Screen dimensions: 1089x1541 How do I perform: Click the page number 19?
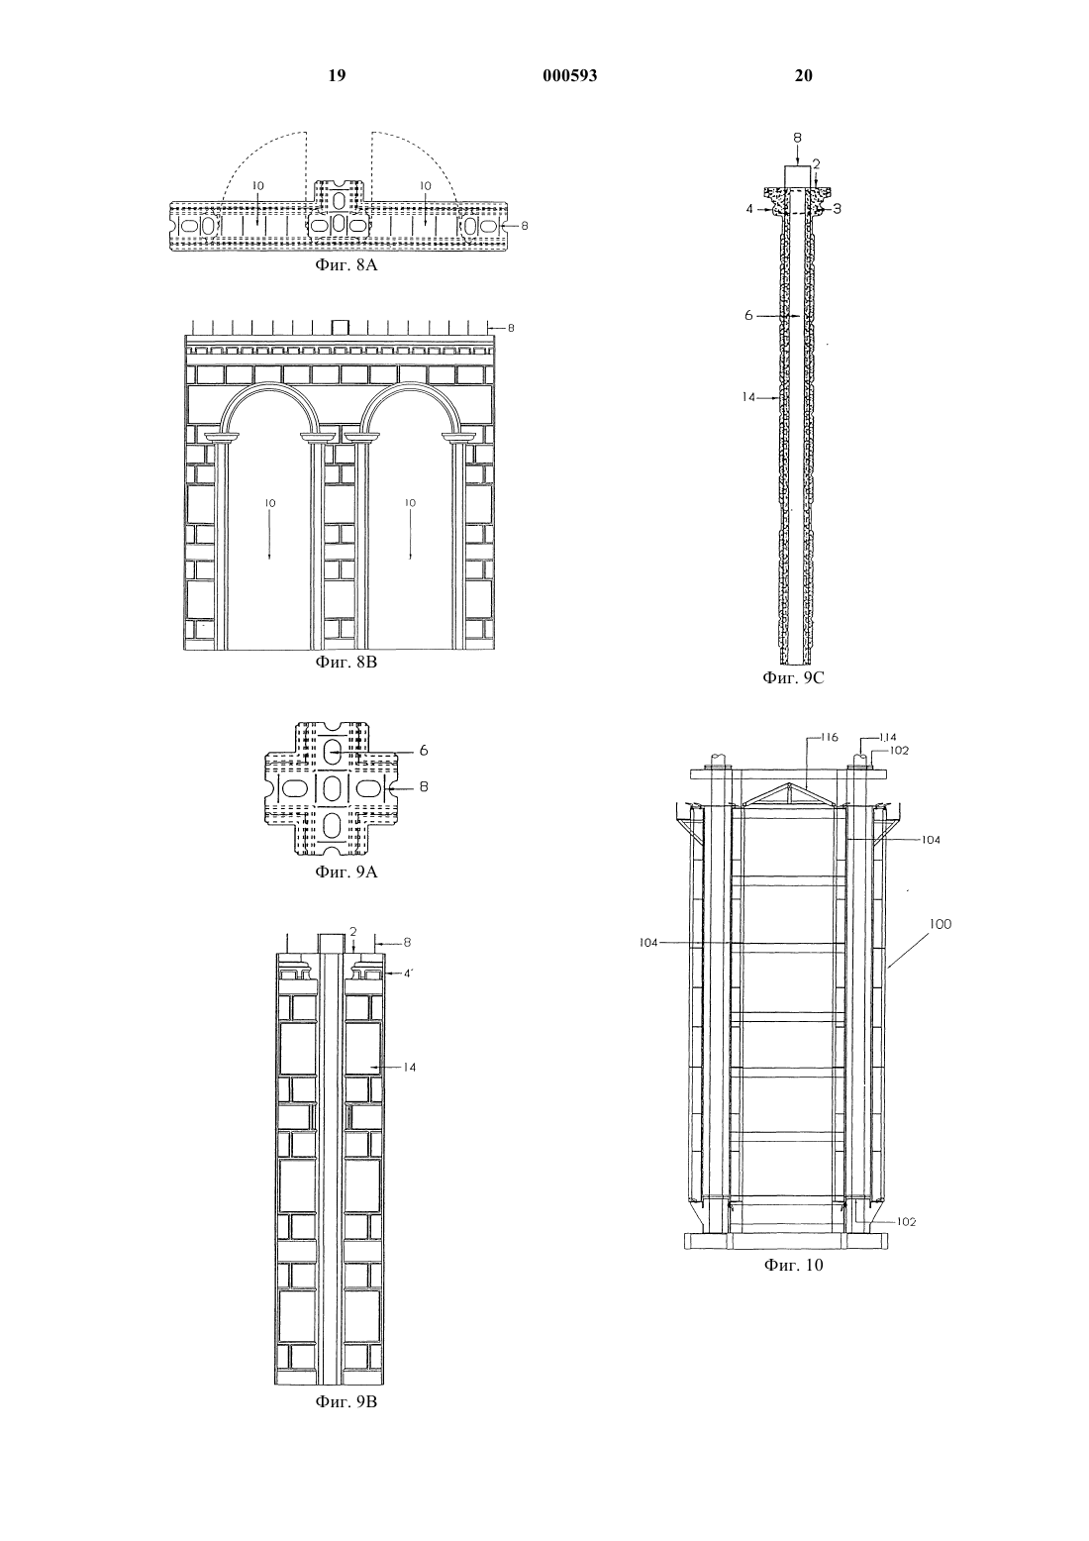[x=337, y=75]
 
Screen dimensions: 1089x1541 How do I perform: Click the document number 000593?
[x=570, y=75]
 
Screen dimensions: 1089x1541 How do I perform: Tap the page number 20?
[x=803, y=75]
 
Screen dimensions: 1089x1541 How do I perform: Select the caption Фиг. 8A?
[x=346, y=265]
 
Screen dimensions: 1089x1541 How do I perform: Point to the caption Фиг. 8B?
[x=346, y=663]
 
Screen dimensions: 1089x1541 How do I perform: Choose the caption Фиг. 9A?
[x=346, y=873]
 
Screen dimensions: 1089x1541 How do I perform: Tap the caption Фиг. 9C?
[x=793, y=677]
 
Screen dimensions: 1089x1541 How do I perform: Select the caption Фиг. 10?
[x=793, y=1265]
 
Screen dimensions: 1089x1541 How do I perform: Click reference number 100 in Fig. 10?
[x=940, y=924]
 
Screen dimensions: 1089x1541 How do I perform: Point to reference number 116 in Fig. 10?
[x=829, y=738]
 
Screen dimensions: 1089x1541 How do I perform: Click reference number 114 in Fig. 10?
[x=888, y=738]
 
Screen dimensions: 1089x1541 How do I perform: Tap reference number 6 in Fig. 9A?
[x=424, y=751]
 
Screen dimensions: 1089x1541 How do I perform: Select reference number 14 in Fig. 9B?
[x=409, y=1068]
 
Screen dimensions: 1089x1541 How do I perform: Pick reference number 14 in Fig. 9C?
[x=748, y=397]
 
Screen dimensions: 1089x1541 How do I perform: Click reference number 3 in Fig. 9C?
[x=837, y=208]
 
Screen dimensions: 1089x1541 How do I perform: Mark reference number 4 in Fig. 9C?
[x=749, y=208]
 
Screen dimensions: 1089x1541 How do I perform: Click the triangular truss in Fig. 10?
[x=789, y=794]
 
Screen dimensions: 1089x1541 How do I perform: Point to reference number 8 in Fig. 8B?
[x=511, y=328]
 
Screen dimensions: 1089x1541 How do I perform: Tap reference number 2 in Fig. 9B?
[x=353, y=932]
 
